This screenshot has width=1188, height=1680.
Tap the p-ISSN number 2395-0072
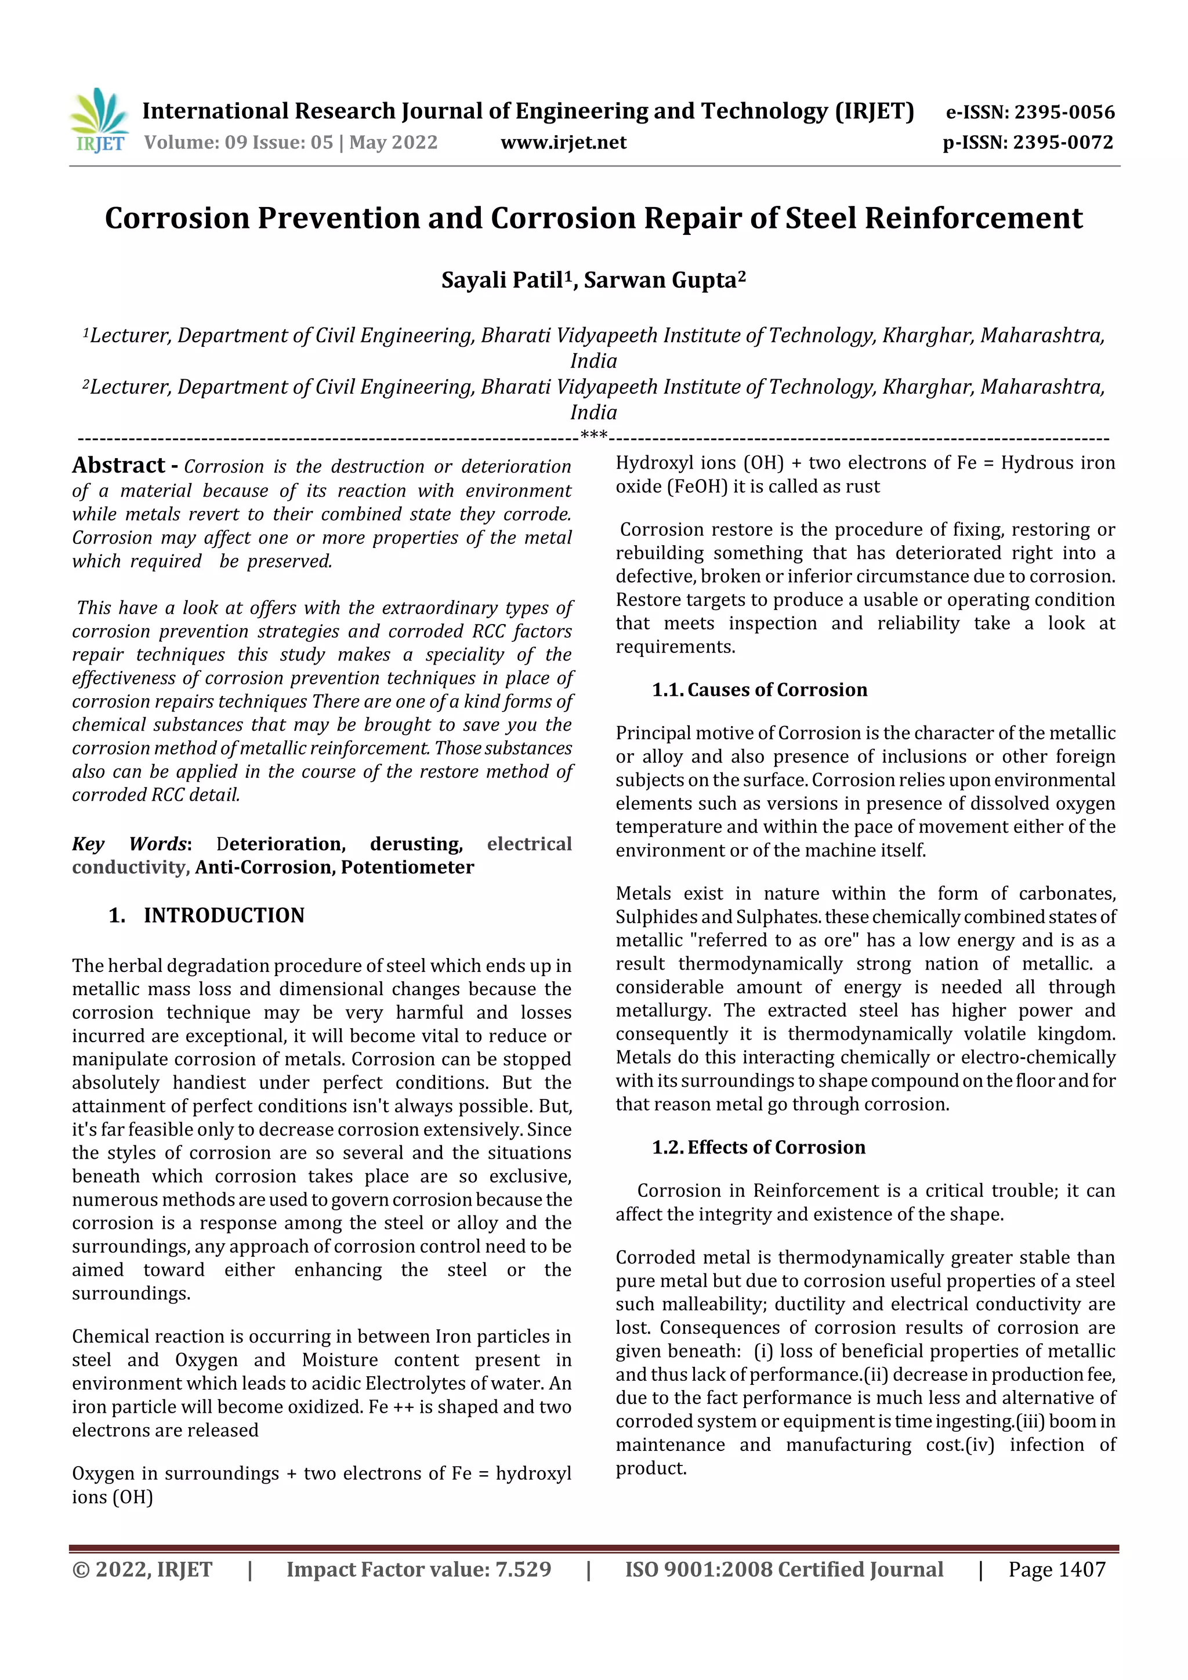[1063, 143]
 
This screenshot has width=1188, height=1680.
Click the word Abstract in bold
[118, 465]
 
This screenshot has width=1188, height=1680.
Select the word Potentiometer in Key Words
[408, 867]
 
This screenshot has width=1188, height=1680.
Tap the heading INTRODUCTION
[223, 915]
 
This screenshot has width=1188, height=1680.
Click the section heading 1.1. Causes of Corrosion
[759, 690]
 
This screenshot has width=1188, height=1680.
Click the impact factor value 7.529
[523, 1569]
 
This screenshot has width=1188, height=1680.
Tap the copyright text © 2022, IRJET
[142, 1569]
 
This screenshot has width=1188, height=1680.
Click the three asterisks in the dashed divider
[593, 437]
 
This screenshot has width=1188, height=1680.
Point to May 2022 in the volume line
[393, 143]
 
